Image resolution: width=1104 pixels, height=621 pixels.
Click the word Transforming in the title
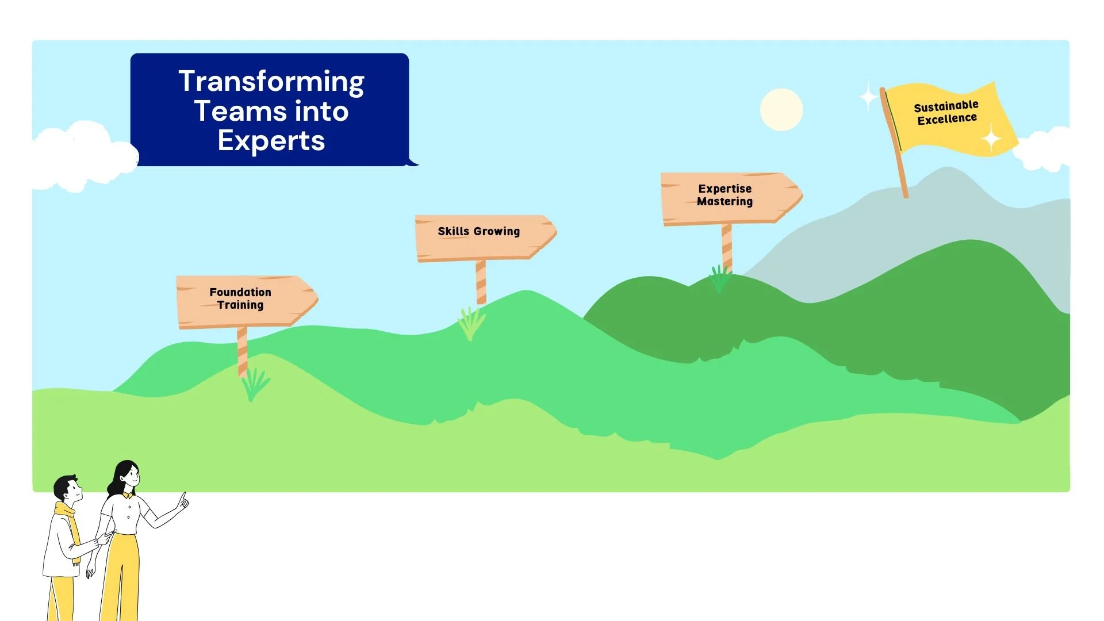[x=271, y=81]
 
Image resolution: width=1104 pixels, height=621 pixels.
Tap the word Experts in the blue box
[x=271, y=140]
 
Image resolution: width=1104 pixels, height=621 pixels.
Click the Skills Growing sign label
[x=478, y=231]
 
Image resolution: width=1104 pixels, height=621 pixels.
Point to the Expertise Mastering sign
[x=726, y=195]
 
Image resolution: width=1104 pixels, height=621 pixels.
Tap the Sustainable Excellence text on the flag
[x=946, y=113]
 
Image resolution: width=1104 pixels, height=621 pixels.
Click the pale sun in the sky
[x=781, y=109]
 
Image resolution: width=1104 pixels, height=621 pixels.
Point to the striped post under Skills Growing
[x=481, y=282]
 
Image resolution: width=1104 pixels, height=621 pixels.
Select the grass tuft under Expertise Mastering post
[x=719, y=278]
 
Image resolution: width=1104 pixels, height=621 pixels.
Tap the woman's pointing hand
[x=183, y=501]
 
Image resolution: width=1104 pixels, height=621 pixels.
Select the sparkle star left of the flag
[x=868, y=97]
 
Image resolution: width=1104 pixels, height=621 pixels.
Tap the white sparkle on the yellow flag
[x=991, y=139]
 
